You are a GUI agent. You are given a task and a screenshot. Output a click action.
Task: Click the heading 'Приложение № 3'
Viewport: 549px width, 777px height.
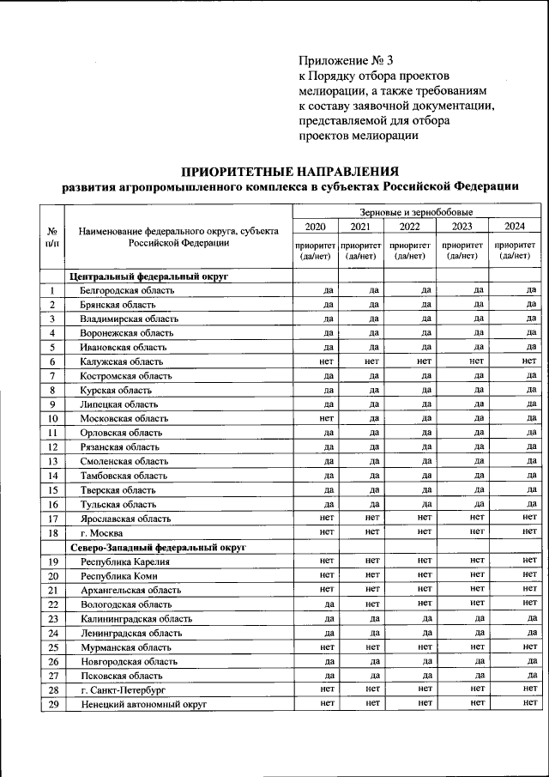pos(346,60)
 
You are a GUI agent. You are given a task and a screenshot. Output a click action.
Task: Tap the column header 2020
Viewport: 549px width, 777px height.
pos(316,227)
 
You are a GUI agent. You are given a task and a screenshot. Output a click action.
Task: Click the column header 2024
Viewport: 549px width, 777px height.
pos(515,227)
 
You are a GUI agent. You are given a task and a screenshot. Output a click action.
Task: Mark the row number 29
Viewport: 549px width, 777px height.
pos(52,704)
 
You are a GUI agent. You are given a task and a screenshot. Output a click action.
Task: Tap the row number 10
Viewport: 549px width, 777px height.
pos(52,419)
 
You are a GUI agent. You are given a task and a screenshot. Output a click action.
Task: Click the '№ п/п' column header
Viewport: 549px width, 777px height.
pos(52,237)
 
